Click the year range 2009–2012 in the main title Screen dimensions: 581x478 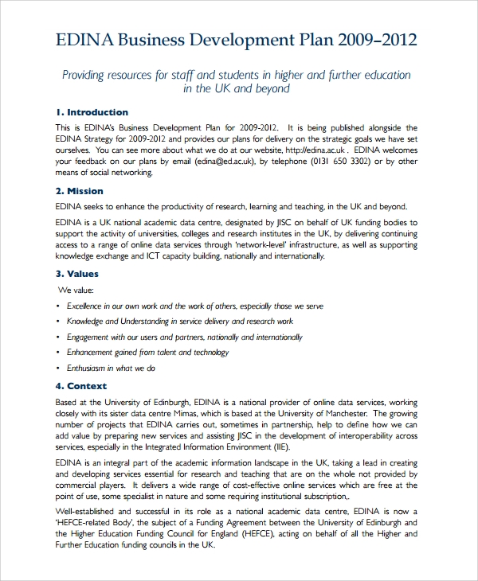click(x=377, y=41)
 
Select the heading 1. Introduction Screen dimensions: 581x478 click(x=92, y=112)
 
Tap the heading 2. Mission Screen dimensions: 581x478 click(x=80, y=191)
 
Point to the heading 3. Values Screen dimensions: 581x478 click(x=77, y=274)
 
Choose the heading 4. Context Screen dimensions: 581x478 click(x=81, y=386)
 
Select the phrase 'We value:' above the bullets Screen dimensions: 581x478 click(x=77, y=289)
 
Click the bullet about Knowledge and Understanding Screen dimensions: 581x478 click(x=179, y=322)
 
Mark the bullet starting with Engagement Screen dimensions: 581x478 click(x=184, y=337)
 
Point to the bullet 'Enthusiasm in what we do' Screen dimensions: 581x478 click(x=111, y=368)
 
